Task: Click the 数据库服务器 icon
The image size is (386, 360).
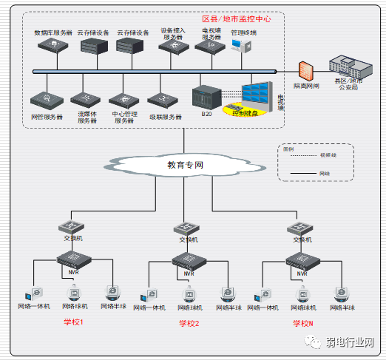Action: coord(53,46)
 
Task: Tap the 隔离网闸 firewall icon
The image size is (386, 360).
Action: coord(305,71)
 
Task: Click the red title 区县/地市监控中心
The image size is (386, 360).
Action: coord(237,19)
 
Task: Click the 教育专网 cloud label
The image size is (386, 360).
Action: coord(185,165)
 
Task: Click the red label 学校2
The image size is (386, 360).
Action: coord(189,324)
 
